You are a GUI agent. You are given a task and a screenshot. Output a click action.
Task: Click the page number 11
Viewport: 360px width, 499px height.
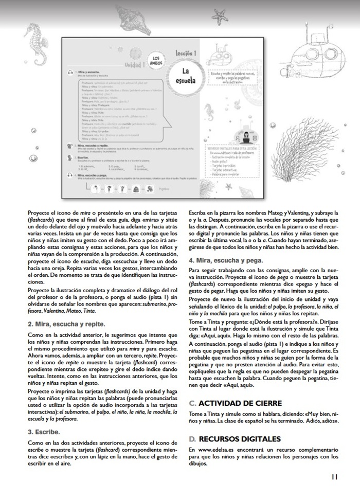pyautogui.click(x=334, y=476)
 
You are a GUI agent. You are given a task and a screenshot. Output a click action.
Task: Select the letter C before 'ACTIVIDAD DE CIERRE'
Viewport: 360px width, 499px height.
pyautogui.click(x=192, y=403)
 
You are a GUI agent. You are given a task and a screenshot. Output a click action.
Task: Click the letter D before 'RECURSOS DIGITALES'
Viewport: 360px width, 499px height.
pyautogui.click(x=192, y=439)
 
